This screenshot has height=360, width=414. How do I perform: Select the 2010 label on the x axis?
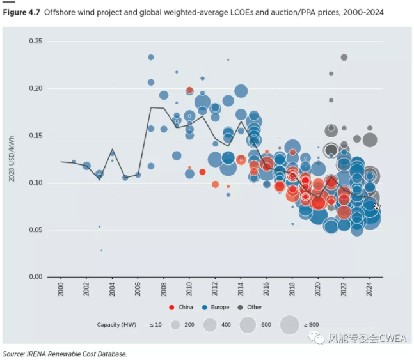click(189, 289)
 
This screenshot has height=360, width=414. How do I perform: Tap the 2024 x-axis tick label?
click(369, 289)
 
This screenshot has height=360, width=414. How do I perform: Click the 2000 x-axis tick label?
click(61, 289)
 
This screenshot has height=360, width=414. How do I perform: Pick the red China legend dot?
click(172, 307)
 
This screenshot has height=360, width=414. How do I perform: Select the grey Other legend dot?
click(241, 307)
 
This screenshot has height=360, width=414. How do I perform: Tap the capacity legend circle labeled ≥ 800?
click(289, 325)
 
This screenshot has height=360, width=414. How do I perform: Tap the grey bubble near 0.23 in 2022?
click(344, 58)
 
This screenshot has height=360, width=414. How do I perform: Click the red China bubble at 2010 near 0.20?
click(189, 90)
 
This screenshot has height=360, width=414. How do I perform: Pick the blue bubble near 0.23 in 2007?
click(151, 57)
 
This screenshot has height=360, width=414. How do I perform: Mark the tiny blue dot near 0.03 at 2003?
click(102, 250)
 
